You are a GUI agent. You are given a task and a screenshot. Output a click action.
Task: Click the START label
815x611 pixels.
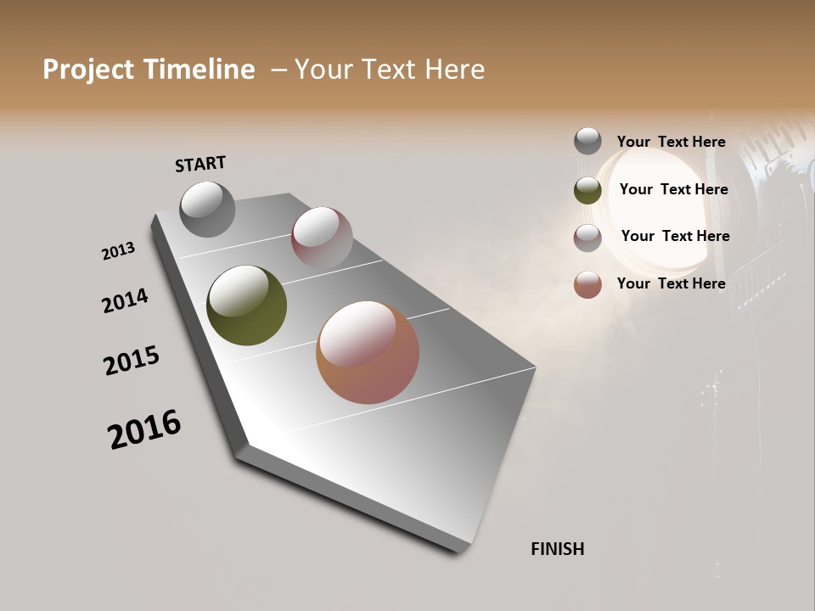200,164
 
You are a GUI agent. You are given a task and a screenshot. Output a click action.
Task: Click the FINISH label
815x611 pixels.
557,549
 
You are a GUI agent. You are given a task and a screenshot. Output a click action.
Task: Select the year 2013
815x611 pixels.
118,251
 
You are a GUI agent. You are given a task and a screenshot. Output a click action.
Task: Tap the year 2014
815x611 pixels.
125,300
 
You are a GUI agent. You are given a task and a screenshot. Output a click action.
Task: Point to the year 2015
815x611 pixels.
132,361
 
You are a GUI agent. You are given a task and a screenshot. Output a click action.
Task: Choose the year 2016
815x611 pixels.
144,429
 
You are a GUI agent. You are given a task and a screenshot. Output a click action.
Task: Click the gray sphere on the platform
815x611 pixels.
208,209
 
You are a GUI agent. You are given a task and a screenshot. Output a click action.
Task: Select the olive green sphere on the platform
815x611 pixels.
246,305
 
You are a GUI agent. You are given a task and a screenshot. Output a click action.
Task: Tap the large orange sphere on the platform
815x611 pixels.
368,352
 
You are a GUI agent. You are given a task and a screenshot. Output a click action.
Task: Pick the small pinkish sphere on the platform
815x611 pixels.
322,237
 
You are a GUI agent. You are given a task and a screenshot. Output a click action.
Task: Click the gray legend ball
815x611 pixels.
587,141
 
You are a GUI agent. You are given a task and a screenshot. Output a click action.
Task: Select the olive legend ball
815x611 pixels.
587,190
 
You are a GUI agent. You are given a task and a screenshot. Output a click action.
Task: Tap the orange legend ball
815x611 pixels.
587,284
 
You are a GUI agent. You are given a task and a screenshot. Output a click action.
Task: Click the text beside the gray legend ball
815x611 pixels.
671,142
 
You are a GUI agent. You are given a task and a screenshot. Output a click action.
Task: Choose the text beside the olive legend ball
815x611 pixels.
673,189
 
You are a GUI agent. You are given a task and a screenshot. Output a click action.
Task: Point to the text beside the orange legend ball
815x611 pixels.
671,283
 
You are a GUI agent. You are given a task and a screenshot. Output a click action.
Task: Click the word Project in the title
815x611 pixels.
88,70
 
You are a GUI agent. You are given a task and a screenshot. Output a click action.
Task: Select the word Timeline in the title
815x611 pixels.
200,70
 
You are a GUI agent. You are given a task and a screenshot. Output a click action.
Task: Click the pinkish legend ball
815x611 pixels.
587,238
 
